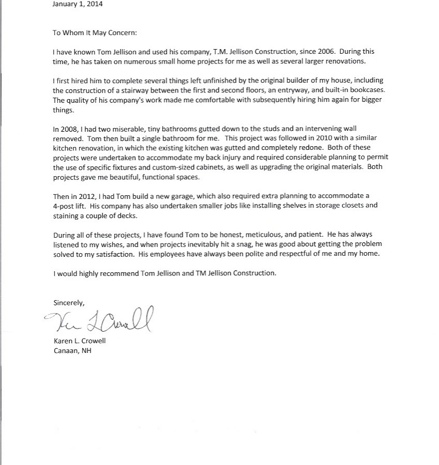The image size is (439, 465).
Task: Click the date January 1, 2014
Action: [77, 4]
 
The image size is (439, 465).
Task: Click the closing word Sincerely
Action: [69, 302]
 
